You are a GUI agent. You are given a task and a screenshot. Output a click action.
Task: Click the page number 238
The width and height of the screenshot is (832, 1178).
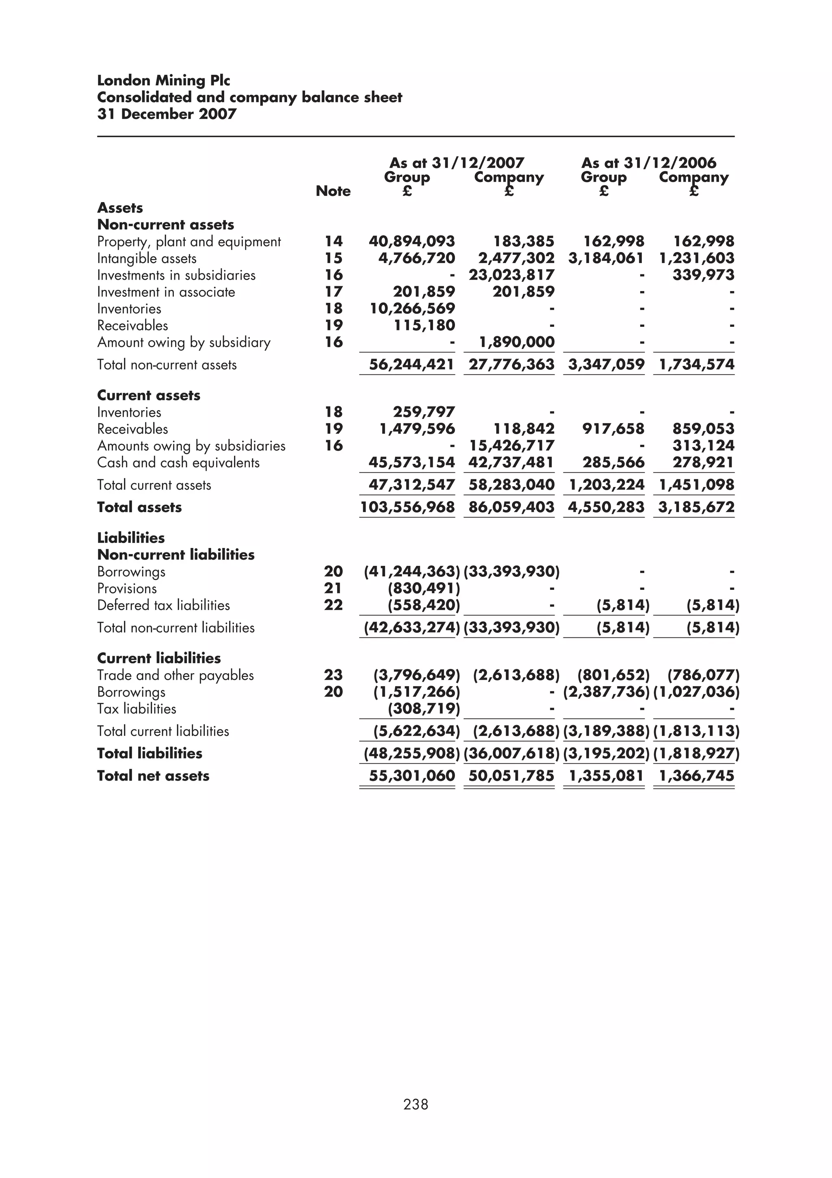415,1104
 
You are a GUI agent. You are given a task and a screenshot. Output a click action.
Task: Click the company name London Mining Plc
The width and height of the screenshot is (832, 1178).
164,80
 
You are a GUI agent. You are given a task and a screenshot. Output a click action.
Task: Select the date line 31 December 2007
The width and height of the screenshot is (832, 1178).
167,114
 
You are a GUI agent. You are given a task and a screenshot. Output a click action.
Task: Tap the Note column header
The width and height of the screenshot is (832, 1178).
333,191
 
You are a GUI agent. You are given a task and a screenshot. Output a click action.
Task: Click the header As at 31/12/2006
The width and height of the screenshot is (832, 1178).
648,163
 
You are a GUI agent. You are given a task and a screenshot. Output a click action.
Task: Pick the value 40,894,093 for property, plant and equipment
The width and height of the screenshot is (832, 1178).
412,241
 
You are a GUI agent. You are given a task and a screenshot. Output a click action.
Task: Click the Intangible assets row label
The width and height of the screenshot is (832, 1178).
147,259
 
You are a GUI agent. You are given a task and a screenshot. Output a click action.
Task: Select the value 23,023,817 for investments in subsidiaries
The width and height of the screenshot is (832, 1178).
511,275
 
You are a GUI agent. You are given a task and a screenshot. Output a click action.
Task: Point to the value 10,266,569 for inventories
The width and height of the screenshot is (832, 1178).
412,309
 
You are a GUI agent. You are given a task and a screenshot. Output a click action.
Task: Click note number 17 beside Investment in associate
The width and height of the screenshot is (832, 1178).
333,292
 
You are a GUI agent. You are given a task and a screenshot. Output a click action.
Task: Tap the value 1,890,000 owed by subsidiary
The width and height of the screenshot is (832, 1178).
517,342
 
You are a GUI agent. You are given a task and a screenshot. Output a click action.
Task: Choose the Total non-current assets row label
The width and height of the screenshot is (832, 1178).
167,365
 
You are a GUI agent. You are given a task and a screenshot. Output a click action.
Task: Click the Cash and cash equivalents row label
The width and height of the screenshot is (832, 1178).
178,463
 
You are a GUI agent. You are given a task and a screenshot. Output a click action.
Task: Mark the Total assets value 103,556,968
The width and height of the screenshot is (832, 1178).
407,507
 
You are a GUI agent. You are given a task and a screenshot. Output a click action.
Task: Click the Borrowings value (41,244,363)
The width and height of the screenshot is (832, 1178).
412,572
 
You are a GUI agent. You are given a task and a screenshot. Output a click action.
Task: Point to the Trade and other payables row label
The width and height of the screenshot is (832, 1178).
175,675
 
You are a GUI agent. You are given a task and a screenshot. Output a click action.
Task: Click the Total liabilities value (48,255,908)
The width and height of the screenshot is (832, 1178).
412,754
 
